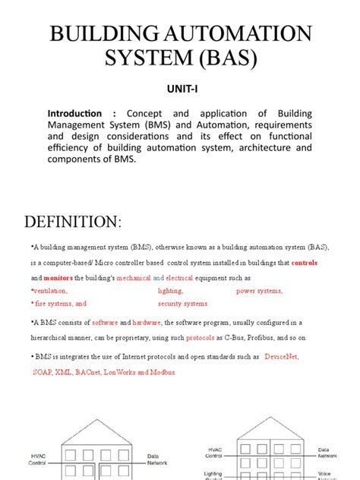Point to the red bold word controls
pyautogui.click(x=304, y=263)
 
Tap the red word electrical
pyautogui.click(x=180, y=278)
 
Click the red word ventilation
pyautogui.click(x=50, y=291)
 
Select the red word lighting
pyautogui.click(x=170, y=291)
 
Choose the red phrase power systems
pyautogui.click(x=259, y=291)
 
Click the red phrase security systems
pyautogui.click(x=182, y=304)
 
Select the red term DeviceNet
pyautogui.click(x=281, y=356)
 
